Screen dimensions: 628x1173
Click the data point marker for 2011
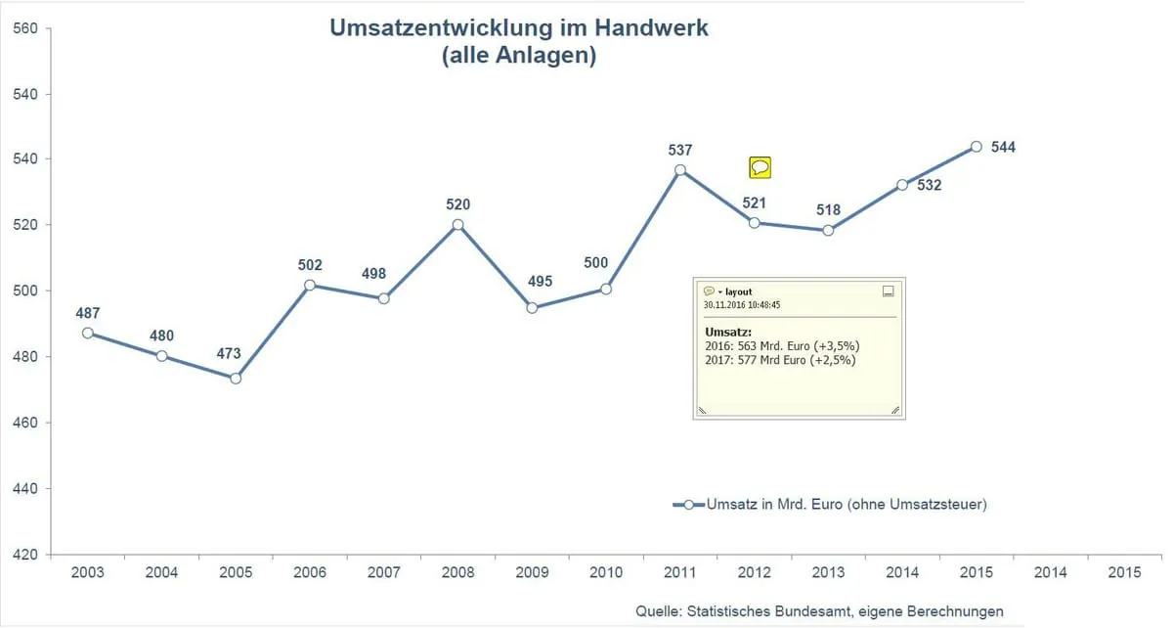[x=680, y=170]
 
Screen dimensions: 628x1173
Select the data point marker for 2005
[x=236, y=378]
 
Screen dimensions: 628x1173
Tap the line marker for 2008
[x=457, y=225]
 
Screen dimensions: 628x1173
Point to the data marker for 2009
[x=532, y=308]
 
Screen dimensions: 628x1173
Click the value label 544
[x=1003, y=148]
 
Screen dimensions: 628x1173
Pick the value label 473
[x=229, y=354]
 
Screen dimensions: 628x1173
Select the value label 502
[x=309, y=265]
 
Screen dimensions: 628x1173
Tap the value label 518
[x=827, y=210]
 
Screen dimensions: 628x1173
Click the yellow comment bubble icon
[x=760, y=167]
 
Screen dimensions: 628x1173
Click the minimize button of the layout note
[x=888, y=292]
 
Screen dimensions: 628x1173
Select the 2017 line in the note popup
[x=780, y=359]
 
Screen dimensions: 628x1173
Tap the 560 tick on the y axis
[x=25, y=28]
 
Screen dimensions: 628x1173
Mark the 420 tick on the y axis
[x=25, y=555]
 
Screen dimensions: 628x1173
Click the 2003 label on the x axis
[x=88, y=573]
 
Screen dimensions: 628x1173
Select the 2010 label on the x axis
[x=606, y=573]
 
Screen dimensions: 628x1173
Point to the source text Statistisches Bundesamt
[x=771, y=612]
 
